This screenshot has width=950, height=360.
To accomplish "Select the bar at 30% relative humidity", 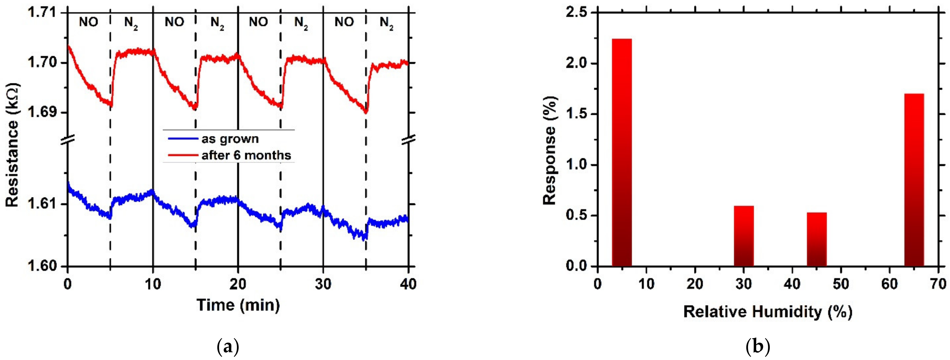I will (x=743, y=236).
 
